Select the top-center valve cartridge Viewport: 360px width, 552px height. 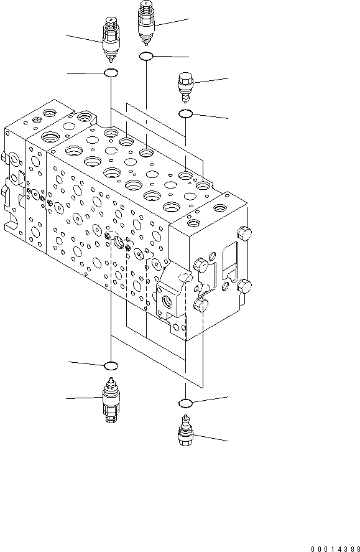(146, 24)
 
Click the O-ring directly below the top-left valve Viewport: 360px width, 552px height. (111, 74)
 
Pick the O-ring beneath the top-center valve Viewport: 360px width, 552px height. (146, 57)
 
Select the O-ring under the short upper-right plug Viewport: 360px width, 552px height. (185, 114)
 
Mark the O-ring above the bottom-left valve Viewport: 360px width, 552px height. (111, 365)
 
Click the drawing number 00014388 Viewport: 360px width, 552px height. (332, 545)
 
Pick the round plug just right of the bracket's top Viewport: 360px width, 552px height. (200, 264)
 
